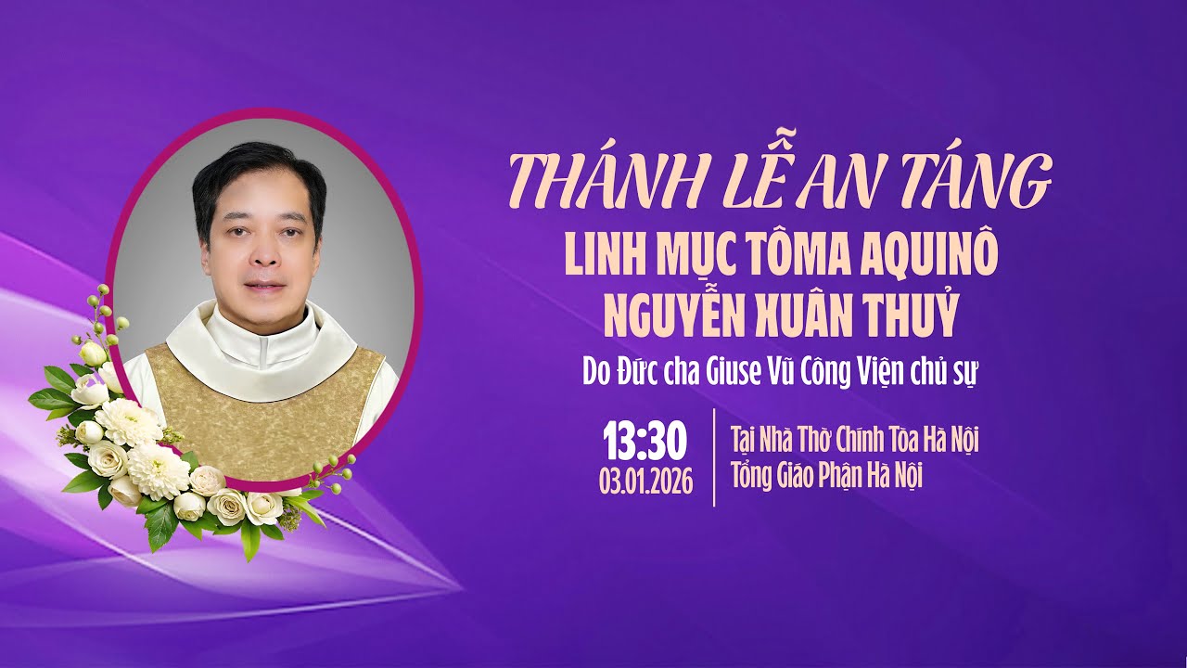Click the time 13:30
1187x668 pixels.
coord(645,443)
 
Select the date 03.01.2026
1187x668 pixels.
coord(645,483)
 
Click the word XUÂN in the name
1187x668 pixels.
coord(805,315)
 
